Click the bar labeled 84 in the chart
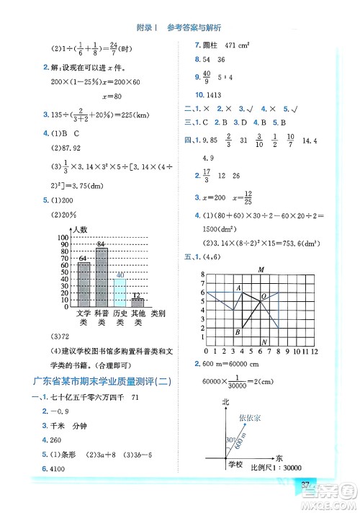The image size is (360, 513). point(102,277)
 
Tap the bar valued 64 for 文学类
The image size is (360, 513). point(84,285)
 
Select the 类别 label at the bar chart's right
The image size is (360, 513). point(157,313)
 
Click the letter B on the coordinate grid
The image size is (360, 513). point(237,331)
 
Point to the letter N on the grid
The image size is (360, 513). point(265,342)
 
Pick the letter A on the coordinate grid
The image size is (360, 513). point(239,287)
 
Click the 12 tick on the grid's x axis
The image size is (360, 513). point(314,353)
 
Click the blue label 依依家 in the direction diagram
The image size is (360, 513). point(249,416)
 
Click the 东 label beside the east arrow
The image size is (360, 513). point(279,458)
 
